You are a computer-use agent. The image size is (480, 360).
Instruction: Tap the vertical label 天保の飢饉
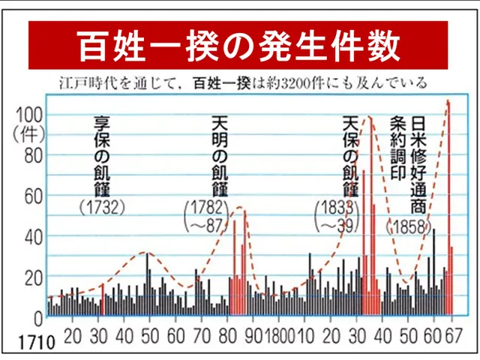349,154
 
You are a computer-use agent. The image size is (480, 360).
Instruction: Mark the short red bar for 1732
102,299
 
